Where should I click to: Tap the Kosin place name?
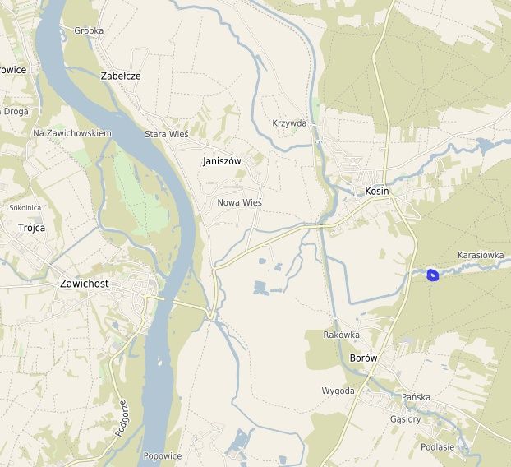(376, 191)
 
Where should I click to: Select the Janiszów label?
(222, 161)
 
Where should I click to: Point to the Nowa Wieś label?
(239, 202)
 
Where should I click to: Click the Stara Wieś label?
(167, 134)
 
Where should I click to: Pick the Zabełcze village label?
(121, 76)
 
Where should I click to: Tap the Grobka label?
(89, 31)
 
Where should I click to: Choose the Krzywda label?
(289, 123)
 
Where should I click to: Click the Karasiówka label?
(481, 255)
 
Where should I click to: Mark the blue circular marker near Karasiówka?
(434, 275)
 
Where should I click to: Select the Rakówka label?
(342, 335)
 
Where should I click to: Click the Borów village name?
(363, 358)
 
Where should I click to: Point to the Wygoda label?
(338, 391)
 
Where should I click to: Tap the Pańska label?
(417, 397)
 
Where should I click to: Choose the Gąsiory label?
(406, 418)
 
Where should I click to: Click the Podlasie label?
(437, 447)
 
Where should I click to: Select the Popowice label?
(162, 455)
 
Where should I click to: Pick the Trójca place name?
(31, 228)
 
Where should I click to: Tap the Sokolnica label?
(25, 208)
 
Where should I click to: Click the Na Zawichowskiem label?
(72, 132)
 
